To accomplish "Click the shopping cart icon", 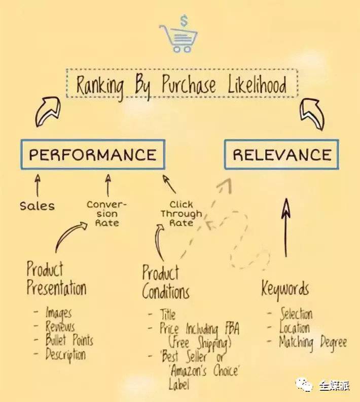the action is point(178,38).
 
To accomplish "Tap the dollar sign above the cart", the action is point(184,20).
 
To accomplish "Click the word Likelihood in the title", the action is point(257,84).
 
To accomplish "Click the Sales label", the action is point(38,206).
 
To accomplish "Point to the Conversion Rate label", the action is point(107,214).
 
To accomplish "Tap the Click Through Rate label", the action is point(182,214).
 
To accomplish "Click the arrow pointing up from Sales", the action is point(38,185).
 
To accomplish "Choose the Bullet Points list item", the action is point(69,340).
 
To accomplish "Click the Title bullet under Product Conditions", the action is point(168,314).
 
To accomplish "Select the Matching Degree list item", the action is point(313,343).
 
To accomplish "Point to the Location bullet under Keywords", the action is point(295,328).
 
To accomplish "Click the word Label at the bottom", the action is point(179,385).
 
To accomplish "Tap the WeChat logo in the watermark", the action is point(304,385).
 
